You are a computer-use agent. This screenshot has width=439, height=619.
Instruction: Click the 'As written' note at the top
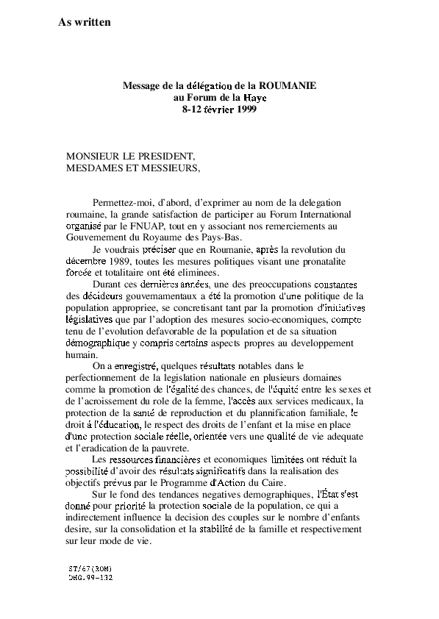coord(85,22)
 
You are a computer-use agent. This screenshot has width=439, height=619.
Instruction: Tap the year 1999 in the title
coord(247,109)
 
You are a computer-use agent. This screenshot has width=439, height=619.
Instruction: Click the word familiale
coord(329,413)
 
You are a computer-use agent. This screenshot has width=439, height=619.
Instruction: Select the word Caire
coord(274,482)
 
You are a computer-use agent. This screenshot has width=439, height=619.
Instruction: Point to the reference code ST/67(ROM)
coord(90,569)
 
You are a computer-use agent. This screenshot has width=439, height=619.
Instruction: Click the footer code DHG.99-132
coord(90,578)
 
